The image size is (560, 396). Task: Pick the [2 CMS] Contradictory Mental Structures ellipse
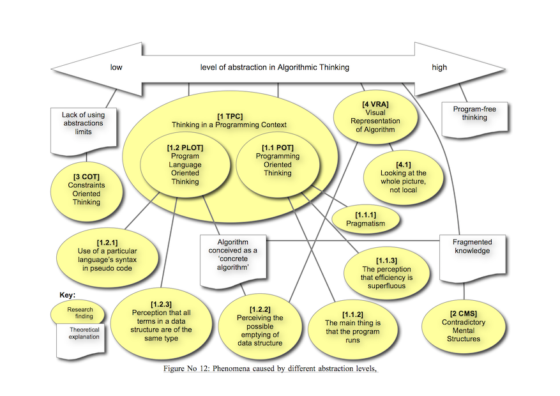tap(464, 326)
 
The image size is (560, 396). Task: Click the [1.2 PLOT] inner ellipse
tap(185, 165)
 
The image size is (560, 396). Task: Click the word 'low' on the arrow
tap(116, 68)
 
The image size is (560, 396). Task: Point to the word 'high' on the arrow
tap(439, 68)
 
